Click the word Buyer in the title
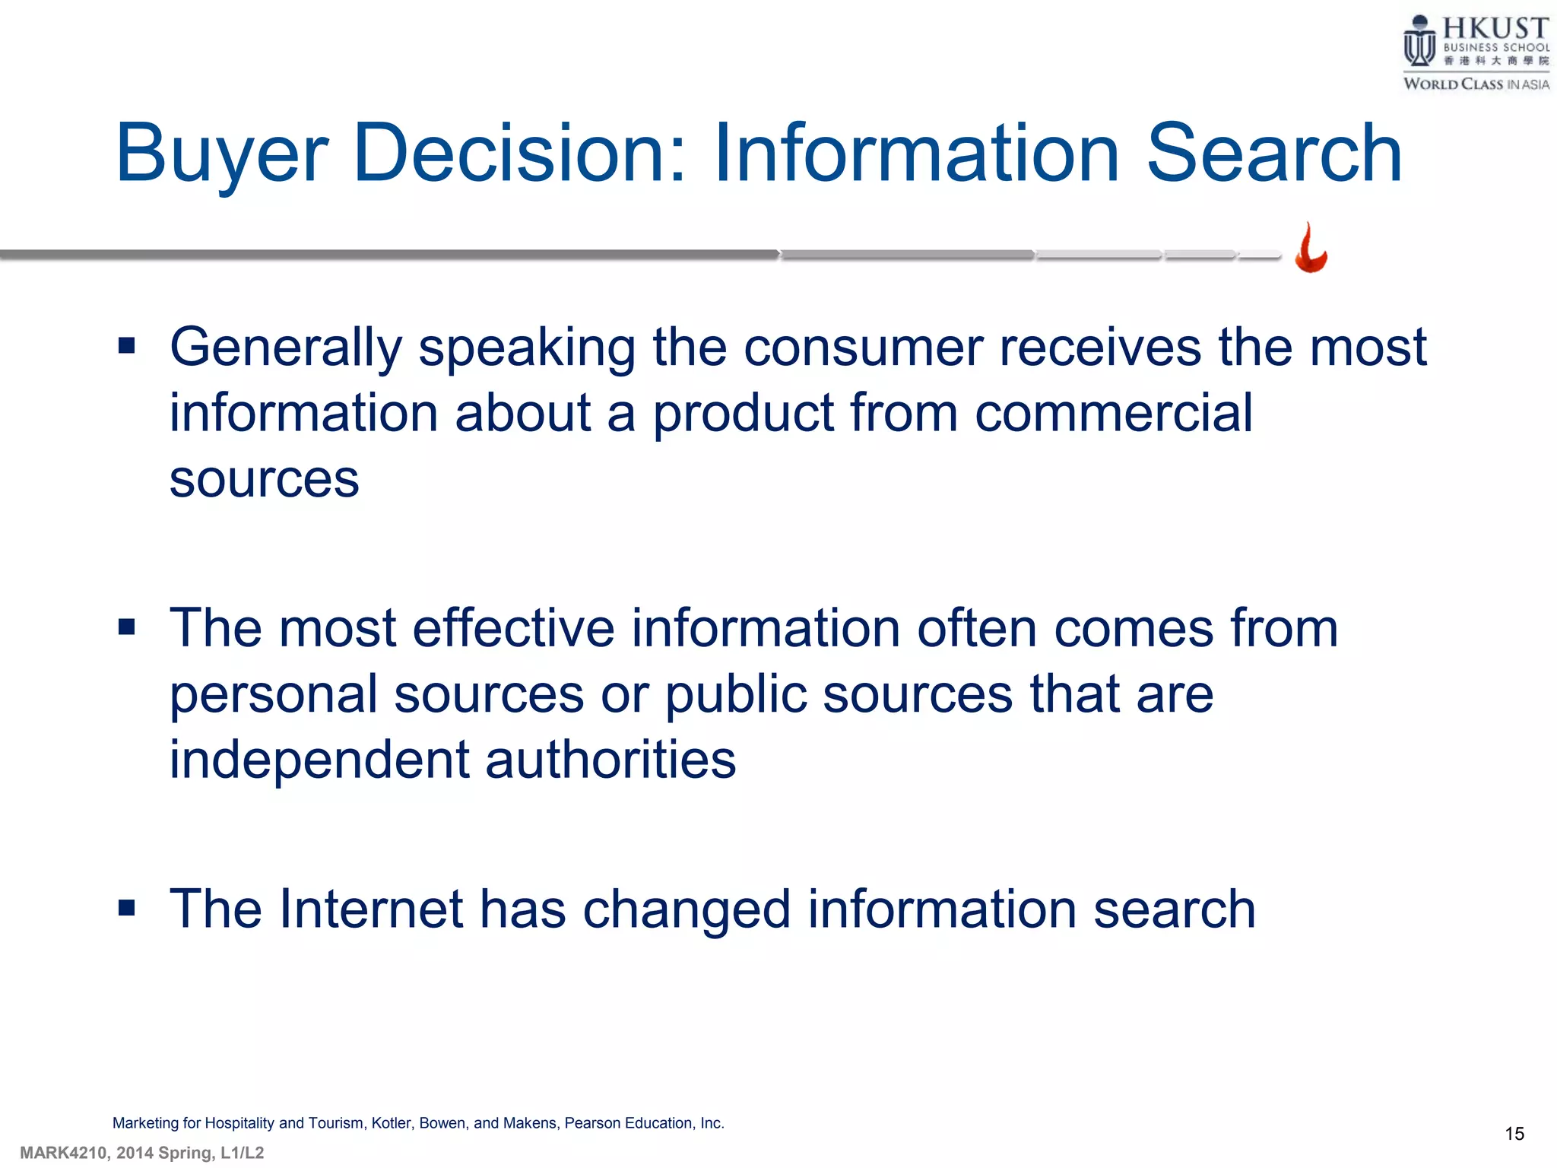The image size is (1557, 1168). pos(221,154)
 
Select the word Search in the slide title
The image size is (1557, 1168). pos(1273,154)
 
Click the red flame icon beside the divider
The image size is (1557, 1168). pos(1311,248)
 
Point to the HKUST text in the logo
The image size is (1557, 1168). pos(1495,28)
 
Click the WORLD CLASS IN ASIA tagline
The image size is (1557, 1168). pos(1476,84)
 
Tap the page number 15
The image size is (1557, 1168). pos(1514,1134)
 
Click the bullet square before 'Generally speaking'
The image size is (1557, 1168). pos(127,347)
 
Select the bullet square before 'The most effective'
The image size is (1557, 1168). pos(127,627)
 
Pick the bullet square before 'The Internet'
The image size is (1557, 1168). pos(127,908)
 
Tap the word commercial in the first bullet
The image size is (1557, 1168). pos(1113,414)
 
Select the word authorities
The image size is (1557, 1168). pos(610,760)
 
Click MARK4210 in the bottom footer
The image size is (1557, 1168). pos(64,1153)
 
